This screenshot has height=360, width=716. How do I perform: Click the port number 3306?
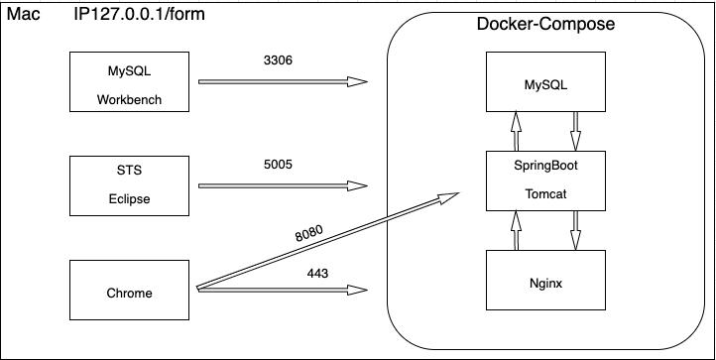click(x=279, y=60)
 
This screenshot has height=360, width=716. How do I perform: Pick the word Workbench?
click(x=129, y=99)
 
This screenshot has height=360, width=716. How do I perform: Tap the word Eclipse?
click(x=129, y=197)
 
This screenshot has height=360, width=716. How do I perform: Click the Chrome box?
click(x=129, y=293)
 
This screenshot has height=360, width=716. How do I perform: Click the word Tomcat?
click(x=544, y=192)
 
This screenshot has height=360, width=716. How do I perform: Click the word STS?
click(x=129, y=171)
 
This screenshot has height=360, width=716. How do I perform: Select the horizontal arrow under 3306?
click(x=282, y=81)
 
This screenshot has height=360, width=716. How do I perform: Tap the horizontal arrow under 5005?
click(x=282, y=184)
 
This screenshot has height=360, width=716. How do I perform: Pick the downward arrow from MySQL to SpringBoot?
click(x=575, y=130)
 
